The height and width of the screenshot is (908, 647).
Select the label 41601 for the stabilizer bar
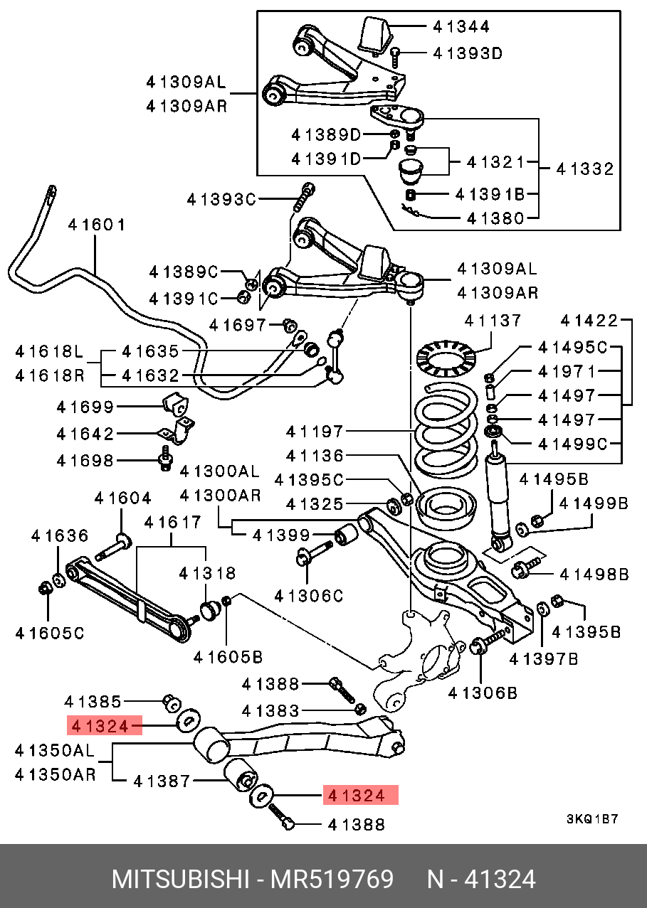coord(97,225)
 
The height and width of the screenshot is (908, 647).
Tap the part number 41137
coord(493,321)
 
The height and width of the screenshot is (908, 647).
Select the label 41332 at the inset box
coord(584,169)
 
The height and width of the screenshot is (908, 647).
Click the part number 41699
coord(85,407)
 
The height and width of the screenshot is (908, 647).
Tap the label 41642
coord(85,433)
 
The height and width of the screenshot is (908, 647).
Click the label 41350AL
coord(54,749)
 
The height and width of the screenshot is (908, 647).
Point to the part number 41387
coord(162,781)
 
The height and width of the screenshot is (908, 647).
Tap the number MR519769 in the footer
coord(331,880)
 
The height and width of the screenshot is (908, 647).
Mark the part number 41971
coord(567,371)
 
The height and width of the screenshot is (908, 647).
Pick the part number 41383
coord(270,710)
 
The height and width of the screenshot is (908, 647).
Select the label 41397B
coord(544,659)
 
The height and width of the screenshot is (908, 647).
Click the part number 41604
coord(122,498)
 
